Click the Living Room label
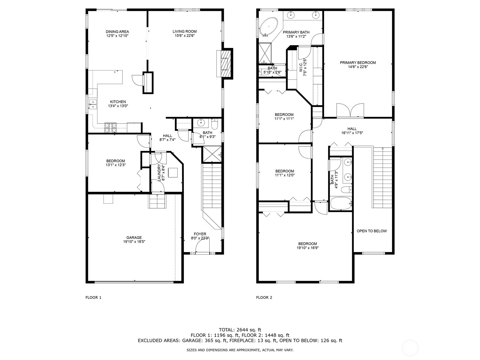(184, 31)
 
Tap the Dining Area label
(117, 32)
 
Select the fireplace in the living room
(224, 64)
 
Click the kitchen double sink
(93, 104)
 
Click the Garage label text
(134, 238)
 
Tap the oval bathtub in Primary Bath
(269, 27)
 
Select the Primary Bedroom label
(358, 63)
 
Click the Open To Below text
(372, 231)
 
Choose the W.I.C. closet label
(301, 66)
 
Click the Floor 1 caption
(93, 298)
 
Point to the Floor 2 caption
(264, 298)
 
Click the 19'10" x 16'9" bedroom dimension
(307, 248)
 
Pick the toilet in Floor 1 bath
(214, 123)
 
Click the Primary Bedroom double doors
(350, 111)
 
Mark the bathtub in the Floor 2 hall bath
(341, 203)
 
